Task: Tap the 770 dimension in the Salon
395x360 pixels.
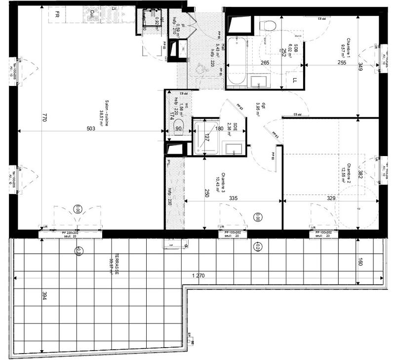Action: pyautogui.click(x=44, y=118)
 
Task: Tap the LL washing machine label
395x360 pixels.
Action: pyautogui.click(x=294, y=80)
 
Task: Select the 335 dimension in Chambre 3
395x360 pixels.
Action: pyautogui.click(x=234, y=198)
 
